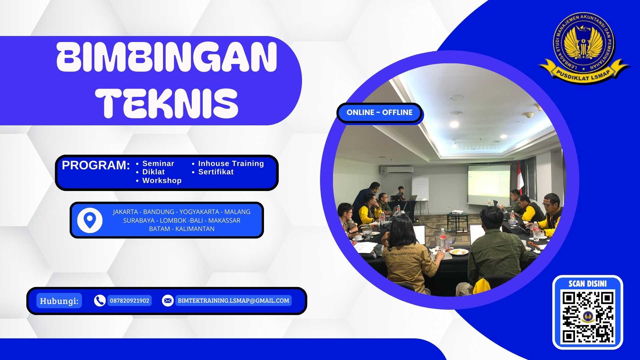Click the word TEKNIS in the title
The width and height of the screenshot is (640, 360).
tap(167, 103)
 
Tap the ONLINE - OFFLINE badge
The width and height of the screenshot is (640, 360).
tap(379, 113)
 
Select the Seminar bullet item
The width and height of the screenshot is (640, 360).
tap(158, 164)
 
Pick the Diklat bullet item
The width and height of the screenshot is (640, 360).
tap(153, 172)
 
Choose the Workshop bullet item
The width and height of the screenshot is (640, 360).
tap(162, 181)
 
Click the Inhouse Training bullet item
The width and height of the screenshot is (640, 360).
tap(231, 164)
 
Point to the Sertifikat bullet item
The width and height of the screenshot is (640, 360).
tap(216, 172)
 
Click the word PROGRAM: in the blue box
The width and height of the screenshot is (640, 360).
tap(96, 165)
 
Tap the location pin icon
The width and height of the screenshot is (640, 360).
tap(90, 220)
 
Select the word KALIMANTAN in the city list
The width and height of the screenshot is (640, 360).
tap(195, 229)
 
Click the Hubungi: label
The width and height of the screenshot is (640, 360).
tap(59, 301)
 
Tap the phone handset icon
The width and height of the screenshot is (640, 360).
tap(100, 301)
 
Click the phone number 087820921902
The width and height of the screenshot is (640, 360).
tap(129, 301)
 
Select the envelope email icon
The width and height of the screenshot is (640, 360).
tap(168, 301)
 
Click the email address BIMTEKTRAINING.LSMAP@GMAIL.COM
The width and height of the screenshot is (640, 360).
tap(233, 301)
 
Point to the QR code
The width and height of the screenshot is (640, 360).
tap(588, 317)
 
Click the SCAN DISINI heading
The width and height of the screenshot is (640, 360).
tap(587, 284)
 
